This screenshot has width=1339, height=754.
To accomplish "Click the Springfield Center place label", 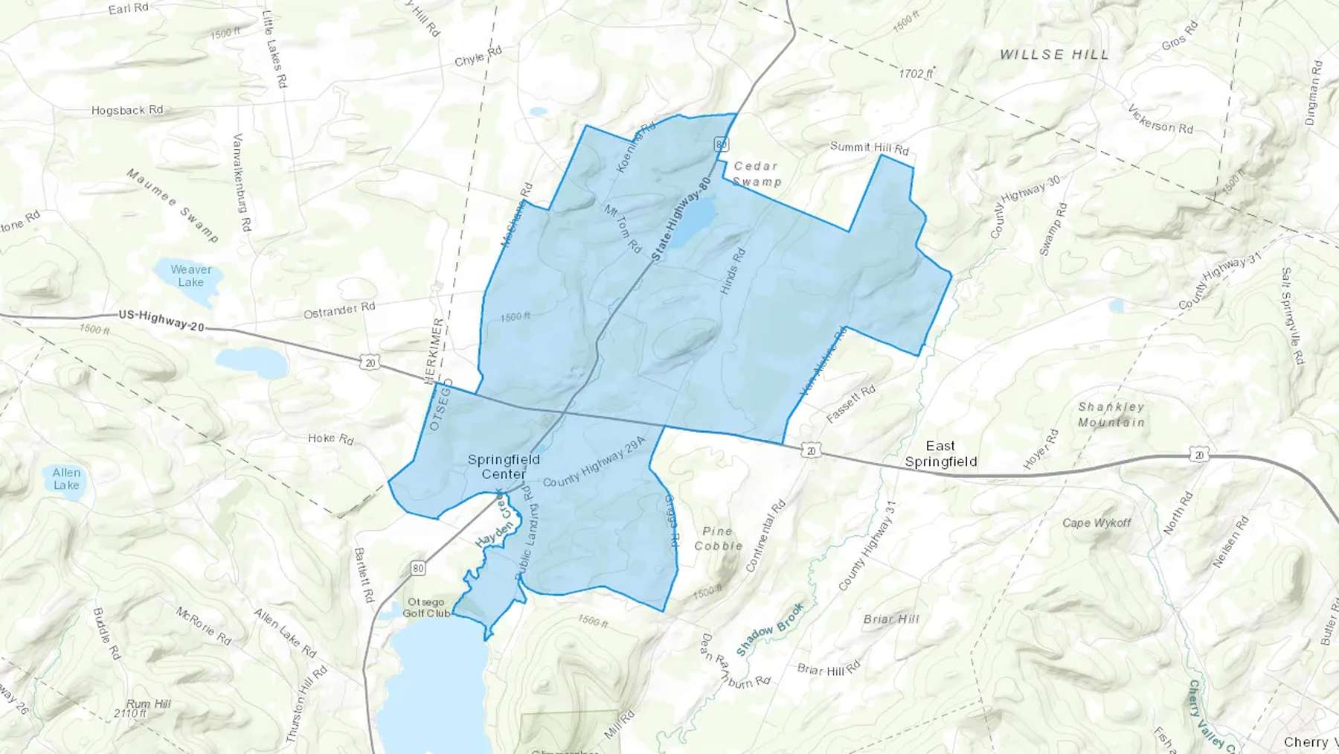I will pos(504,467).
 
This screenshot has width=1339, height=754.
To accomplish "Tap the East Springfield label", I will pos(940,453).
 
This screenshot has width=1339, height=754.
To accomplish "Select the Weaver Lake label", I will pos(191,275).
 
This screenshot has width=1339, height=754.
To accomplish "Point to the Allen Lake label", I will pos(66,479).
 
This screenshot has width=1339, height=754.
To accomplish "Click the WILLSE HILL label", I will pos(1054,54).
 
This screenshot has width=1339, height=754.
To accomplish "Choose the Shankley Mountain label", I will pos(1111,415).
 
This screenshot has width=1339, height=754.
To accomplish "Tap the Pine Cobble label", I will pos(718,538).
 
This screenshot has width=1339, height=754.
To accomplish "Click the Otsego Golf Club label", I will pos(426,607).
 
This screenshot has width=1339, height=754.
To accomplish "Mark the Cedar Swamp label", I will pos(756,173).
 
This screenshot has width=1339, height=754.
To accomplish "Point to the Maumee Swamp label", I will pos(173,205).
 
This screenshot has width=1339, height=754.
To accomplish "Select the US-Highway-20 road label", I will pos(161,321).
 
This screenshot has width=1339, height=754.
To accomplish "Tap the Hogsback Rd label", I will pos(127,110).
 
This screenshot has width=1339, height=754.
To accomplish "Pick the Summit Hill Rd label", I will pos(869,147).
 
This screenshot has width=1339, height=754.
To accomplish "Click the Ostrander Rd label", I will pos(339,310).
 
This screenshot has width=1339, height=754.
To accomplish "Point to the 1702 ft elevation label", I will pos(916,74).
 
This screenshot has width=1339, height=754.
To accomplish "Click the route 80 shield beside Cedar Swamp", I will pos(720,144).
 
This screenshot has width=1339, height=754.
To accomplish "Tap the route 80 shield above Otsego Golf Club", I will pos(418,569).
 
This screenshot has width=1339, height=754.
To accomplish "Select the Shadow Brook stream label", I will pos(770,630).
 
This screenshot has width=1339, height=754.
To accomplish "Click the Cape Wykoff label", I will pos(1096,523).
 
